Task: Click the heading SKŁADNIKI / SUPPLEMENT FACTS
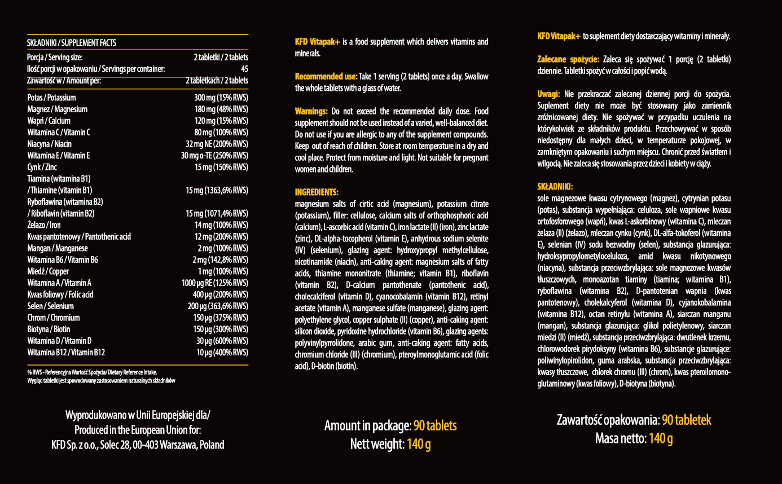click(72, 43)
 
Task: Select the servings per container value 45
click(244, 69)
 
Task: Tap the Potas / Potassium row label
click(51, 98)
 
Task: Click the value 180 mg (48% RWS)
click(221, 109)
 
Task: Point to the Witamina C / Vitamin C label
click(59, 132)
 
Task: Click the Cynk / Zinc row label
click(42, 167)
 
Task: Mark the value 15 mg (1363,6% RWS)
click(217, 190)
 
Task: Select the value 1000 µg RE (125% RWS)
click(214, 283)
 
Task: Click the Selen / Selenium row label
click(50, 306)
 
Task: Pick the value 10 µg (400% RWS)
click(222, 353)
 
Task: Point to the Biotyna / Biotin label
click(49, 329)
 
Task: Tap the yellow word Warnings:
click(311, 111)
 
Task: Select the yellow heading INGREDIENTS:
click(317, 192)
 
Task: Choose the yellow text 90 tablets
click(434, 425)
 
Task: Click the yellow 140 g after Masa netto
click(661, 438)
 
